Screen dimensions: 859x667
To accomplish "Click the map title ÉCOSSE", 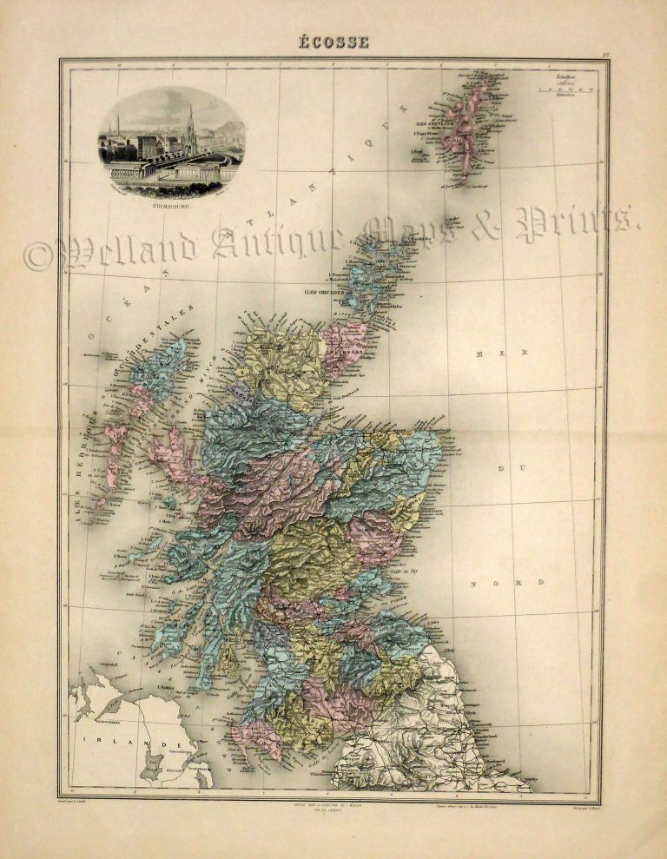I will pyautogui.click(x=333, y=42).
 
